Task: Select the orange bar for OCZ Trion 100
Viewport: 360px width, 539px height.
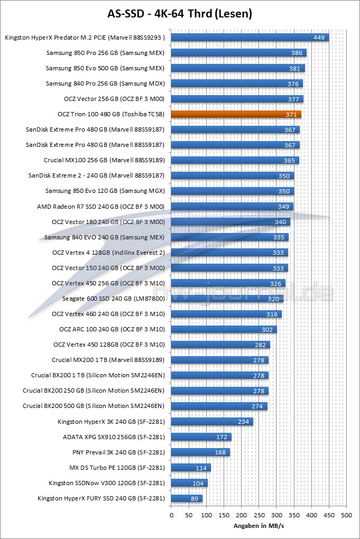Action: [236, 114]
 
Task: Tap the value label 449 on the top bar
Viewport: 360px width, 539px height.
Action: [319, 38]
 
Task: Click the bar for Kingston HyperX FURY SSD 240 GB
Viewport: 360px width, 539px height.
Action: [187, 498]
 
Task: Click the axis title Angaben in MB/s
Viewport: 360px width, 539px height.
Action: [259, 526]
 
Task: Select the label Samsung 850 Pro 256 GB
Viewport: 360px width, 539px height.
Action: [105, 53]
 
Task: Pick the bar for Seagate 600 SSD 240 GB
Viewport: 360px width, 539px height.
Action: [227, 299]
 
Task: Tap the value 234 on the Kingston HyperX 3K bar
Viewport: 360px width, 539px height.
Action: [244, 422]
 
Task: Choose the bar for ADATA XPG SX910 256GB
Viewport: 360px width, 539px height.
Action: [201, 437]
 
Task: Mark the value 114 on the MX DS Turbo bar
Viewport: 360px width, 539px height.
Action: [201, 468]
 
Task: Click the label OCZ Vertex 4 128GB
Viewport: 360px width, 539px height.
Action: [108, 253]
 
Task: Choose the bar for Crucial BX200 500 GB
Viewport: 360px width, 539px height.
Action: [219, 406]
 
